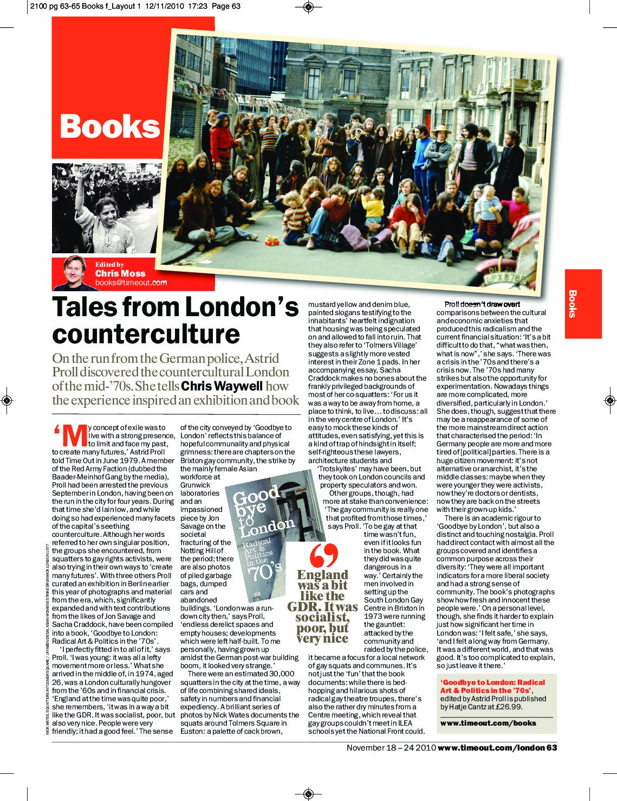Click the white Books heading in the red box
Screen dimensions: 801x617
(x=110, y=126)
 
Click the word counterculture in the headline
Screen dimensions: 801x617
(x=146, y=333)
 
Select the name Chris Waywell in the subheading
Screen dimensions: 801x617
(x=221, y=386)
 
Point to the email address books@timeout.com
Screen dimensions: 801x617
(x=131, y=283)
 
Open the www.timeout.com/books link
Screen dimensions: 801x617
(x=488, y=723)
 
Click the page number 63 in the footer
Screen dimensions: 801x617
(x=551, y=748)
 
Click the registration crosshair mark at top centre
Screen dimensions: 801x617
(x=308, y=7)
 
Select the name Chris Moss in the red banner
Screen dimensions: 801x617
(x=120, y=273)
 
